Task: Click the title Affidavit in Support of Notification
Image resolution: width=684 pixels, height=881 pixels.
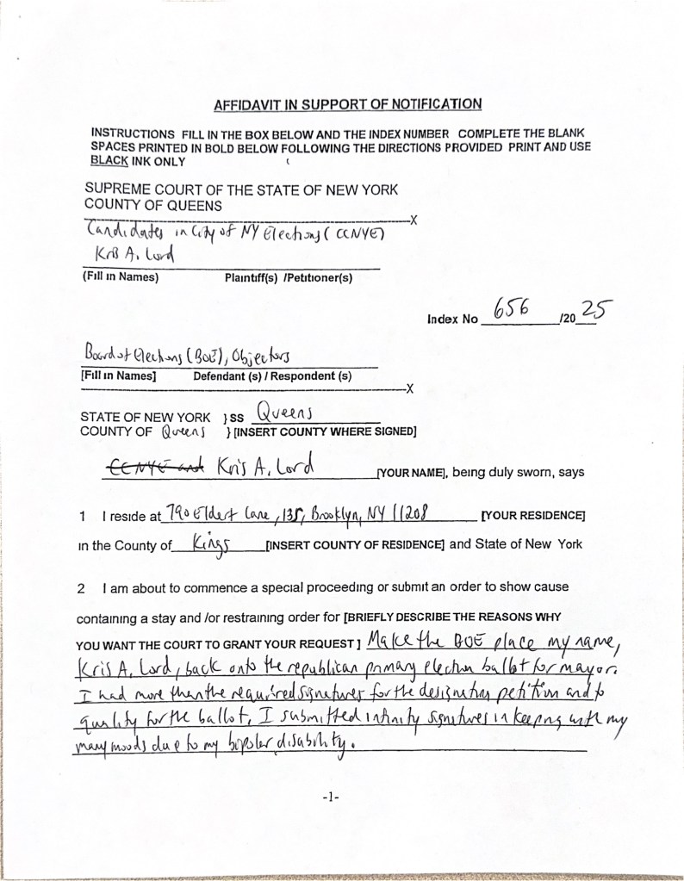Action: (346, 105)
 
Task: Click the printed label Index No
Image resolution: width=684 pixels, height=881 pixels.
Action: (451, 319)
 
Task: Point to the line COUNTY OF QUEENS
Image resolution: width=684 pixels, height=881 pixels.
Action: (153, 205)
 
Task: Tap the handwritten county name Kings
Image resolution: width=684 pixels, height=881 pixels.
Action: (203, 543)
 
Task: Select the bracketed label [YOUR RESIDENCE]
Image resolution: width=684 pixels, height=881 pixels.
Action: (534, 516)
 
